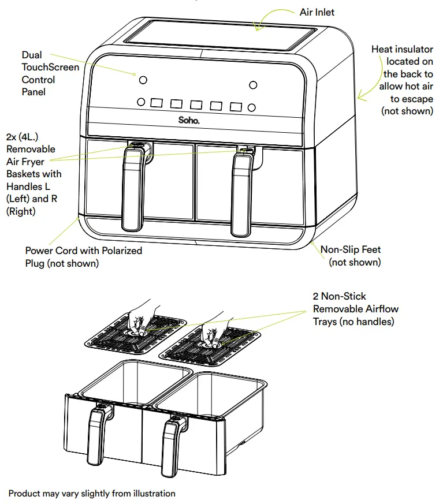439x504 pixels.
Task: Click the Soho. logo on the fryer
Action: tap(188, 121)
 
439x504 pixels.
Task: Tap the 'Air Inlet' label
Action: tap(317, 12)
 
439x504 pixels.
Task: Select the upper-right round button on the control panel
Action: tap(252, 85)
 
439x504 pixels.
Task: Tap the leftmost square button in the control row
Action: tap(157, 103)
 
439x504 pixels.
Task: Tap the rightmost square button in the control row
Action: tap(236, 107)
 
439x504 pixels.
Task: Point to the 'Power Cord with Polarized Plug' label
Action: tap(83, 257)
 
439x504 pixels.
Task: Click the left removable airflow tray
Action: tap(133, 335)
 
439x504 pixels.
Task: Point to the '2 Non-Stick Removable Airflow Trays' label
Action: tap(355, 309)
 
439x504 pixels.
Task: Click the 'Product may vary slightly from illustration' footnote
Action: tap(92, 493)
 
